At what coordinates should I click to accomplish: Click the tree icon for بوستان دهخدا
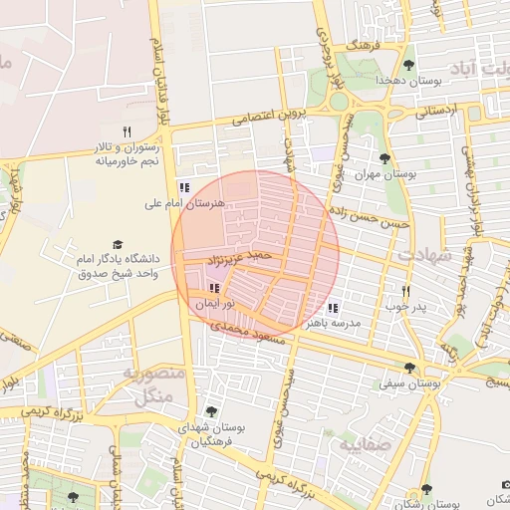click(x=408, y=65)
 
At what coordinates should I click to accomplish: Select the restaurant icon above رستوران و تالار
click(x=127, y=131)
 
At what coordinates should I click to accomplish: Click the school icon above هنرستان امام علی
click(x=183, y=186)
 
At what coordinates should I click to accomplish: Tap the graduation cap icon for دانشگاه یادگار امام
click(x=117, y=244)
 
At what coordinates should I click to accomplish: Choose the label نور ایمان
click(x=214, y=301)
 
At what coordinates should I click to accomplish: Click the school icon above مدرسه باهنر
click(x=332, y=308)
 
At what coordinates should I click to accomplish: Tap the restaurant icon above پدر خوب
click(x=405, y=290)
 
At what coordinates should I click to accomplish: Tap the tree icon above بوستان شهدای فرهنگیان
click(x=210, y=410)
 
